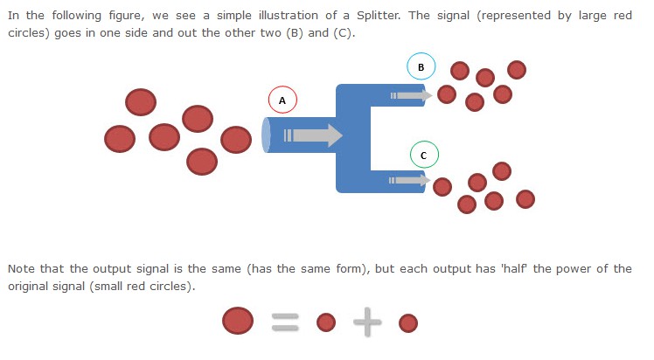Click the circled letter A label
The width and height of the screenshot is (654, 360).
pyautogui.click(x=282, y=100)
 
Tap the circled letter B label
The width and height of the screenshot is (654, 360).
pyautogui.click(x=421, y=66)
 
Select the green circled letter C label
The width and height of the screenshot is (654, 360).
pyautogui.click(x=424, y=155)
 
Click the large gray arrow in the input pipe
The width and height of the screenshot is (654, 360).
pyautogui.click(x=313, y=135)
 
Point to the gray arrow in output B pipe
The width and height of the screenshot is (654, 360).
pyautogui.click(x=411, y=96)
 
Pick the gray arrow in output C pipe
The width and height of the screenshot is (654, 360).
pyautogui.click(x=409, y=180)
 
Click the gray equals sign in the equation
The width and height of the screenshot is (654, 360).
pyautogui.click(x=285, y=322)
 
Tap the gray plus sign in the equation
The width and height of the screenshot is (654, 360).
pyautogui.click(x=367, y=322)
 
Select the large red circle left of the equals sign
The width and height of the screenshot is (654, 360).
pyautogui.click(x=238, y=321)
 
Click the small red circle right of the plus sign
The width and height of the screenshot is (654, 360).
pyautogui.click(x=408, y=323)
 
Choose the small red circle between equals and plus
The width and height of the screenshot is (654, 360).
pyautogui.click(x=326, y=322)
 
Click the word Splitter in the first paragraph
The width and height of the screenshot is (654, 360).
pyautogui.click(x=379, y=16)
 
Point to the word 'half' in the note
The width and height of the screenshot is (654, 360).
pyautogui.click(x=514, y=269)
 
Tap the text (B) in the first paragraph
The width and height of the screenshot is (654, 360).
pyautogui.click(x=294, y=33)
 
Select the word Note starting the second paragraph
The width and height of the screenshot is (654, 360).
pyautogui.click(x=22, y=269)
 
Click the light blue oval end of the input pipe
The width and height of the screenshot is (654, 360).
pyautogui.click(x=266, y=135)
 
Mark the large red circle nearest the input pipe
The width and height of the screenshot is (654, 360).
pyautogui.click(x=236, y=140)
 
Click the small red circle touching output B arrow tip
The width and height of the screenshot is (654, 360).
pyautogui.click(x=447, y=94)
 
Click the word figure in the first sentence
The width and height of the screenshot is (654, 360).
pyautogui.click(x=126, y=16)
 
